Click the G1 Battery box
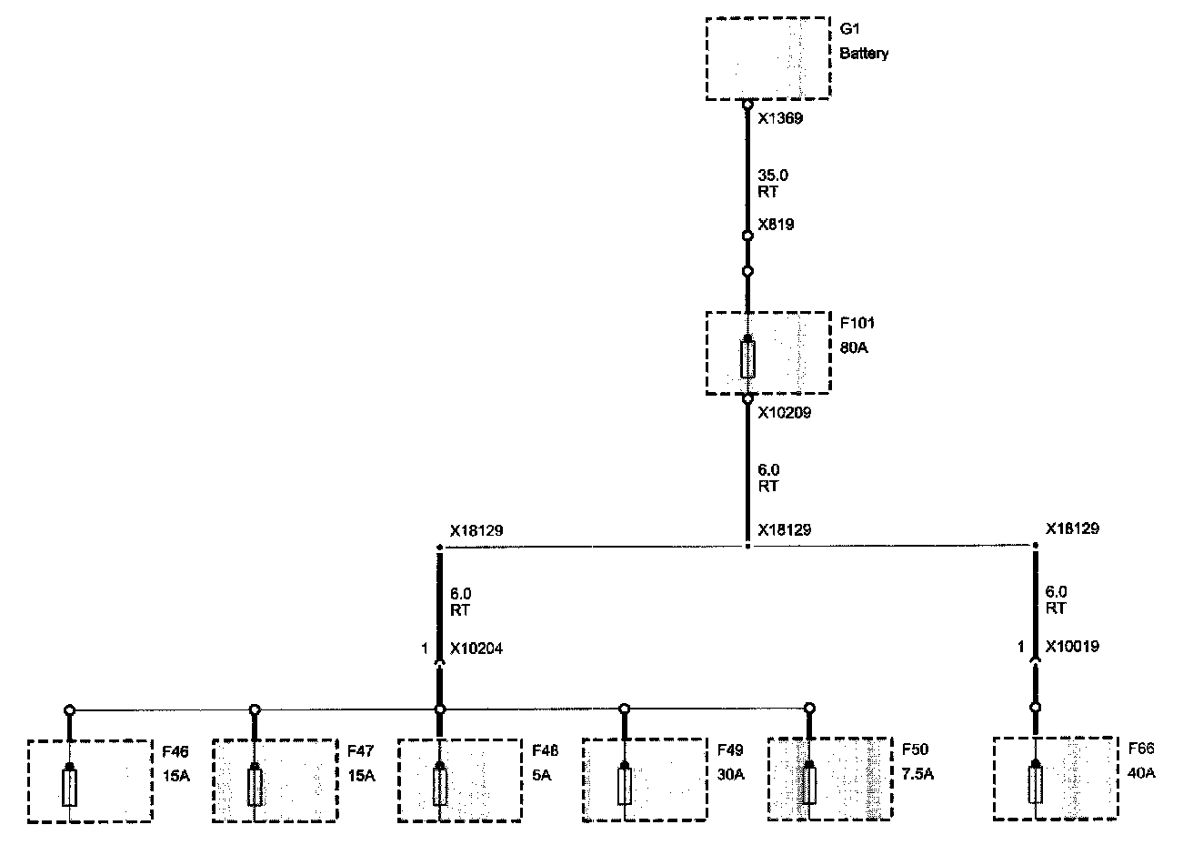coord(767,57)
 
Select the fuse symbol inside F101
coord(747,358)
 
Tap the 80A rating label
coord(855,347)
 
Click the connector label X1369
coord(780,117)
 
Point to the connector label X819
coord(776,224)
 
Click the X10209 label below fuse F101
coord(784,412)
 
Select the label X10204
coord(476,649)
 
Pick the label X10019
coord(1072,648)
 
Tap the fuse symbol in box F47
coord(256,786)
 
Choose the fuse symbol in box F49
coord(624,786)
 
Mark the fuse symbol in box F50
coord(808,786)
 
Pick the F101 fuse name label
coord(857,323)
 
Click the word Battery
coord(864,54)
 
